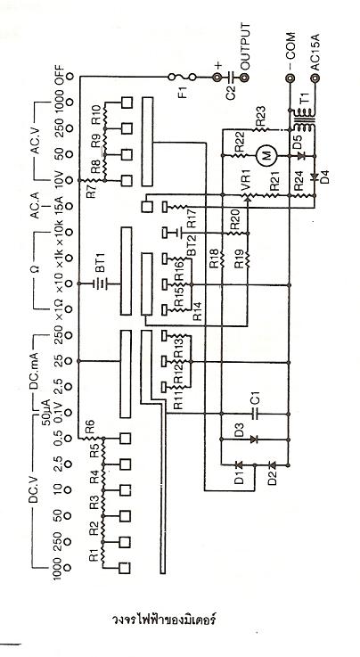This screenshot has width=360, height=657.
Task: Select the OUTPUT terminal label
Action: (x=245, y=45)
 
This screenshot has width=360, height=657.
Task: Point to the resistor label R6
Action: (x=89, y=429)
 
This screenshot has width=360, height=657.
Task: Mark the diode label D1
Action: (x=239, y=478)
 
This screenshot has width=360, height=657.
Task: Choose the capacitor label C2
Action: (x=231, y=91)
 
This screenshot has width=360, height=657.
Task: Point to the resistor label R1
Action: (x=94, y=555)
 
